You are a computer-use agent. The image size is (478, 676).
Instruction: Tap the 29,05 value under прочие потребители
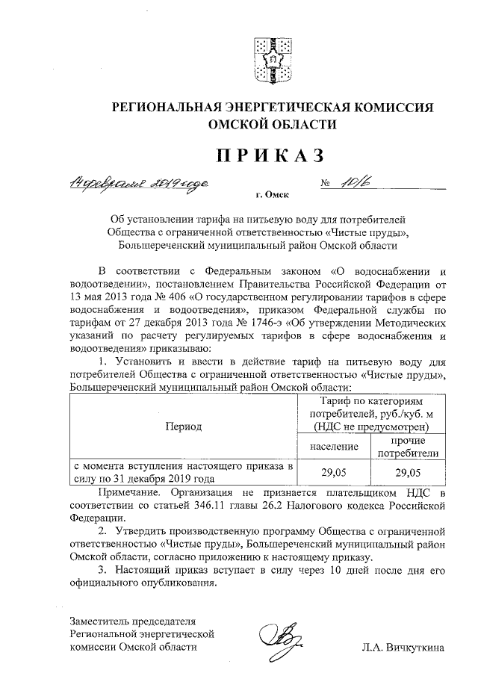click(x=409, y=472)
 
